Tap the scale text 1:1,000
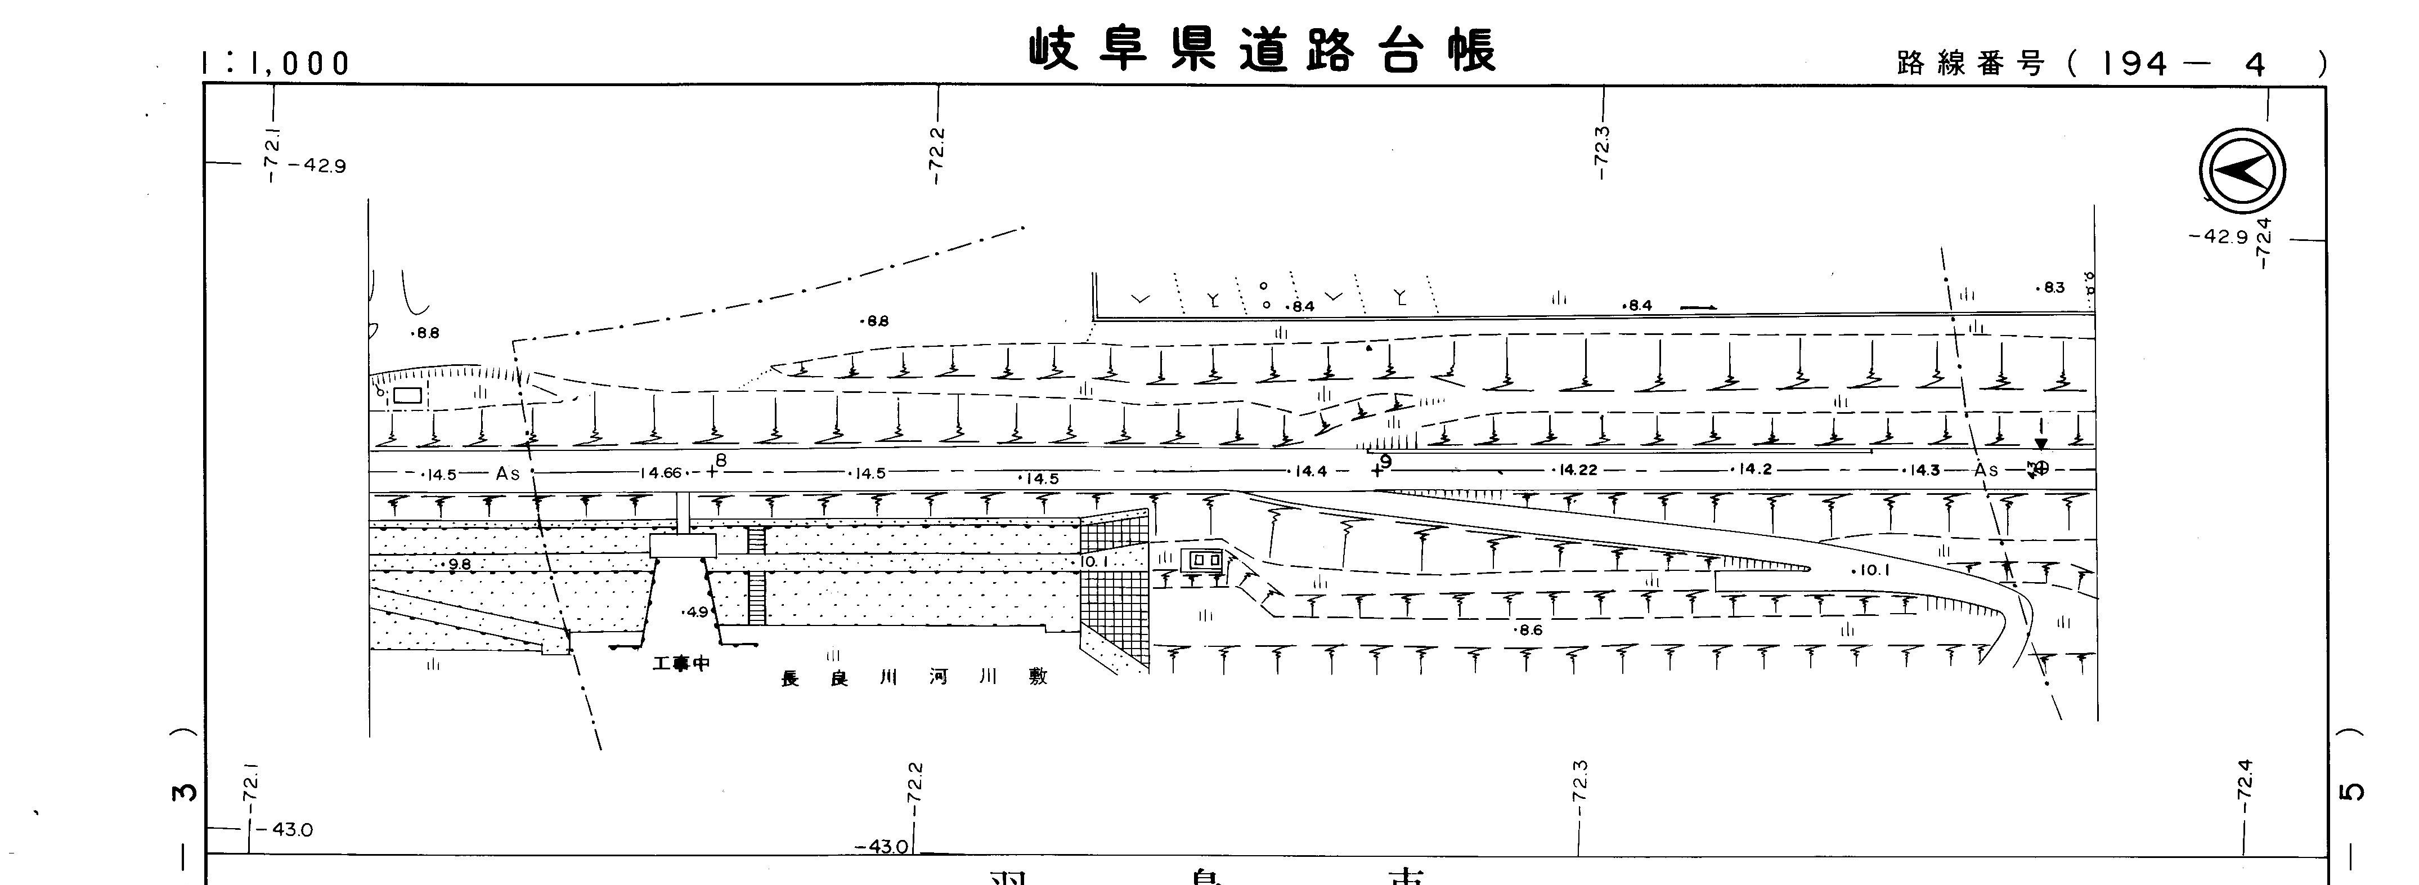pos(275,64)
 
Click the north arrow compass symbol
pos(2242,171)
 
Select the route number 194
pos(2134,64)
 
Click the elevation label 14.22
pos(1578,470)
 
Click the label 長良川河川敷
pos(913,677)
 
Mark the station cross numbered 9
pos(1377,470)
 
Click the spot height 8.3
pos(2051,288)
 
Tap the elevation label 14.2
pos(1754,470)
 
